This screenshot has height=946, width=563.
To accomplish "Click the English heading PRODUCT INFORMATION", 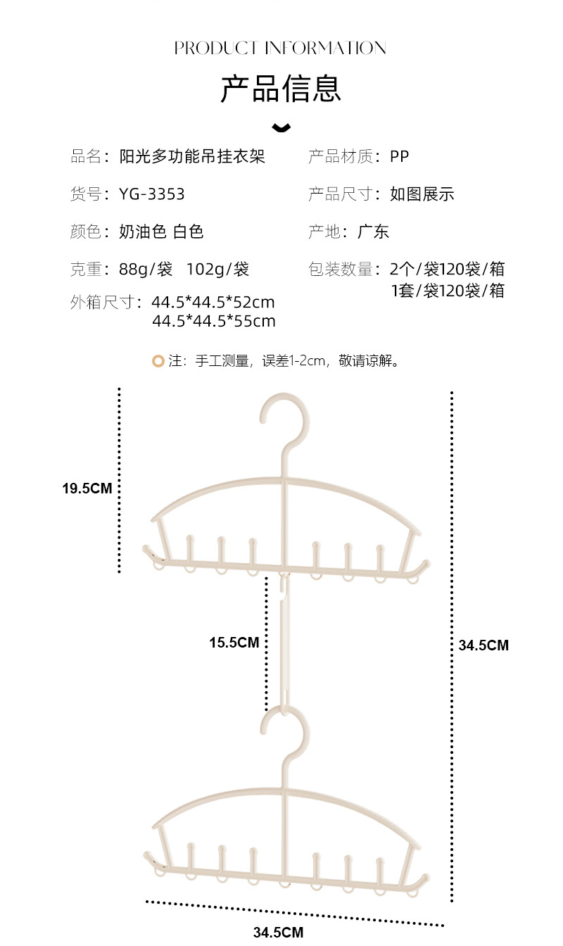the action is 280,48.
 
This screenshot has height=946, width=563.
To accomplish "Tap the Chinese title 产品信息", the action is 281,89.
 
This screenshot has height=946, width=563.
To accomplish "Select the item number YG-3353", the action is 152,194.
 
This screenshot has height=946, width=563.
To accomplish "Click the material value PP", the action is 399,156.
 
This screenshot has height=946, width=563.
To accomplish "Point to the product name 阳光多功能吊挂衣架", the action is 192,156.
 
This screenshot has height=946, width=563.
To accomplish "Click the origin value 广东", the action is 373,232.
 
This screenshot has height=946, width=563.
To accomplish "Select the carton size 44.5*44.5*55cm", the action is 214,322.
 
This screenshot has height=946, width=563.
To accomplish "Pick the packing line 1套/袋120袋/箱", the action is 448,290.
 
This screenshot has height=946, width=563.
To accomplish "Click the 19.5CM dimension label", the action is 87,488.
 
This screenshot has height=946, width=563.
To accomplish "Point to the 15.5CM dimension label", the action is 234,642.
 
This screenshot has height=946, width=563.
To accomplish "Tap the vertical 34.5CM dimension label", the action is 483,645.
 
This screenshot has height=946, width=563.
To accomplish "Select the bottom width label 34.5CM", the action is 278,933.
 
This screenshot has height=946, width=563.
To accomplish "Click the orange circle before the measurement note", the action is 158,361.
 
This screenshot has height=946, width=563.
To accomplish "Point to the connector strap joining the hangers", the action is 284,641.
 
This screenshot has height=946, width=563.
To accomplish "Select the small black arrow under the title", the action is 281,127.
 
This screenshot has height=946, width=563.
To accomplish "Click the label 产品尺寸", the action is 340,194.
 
